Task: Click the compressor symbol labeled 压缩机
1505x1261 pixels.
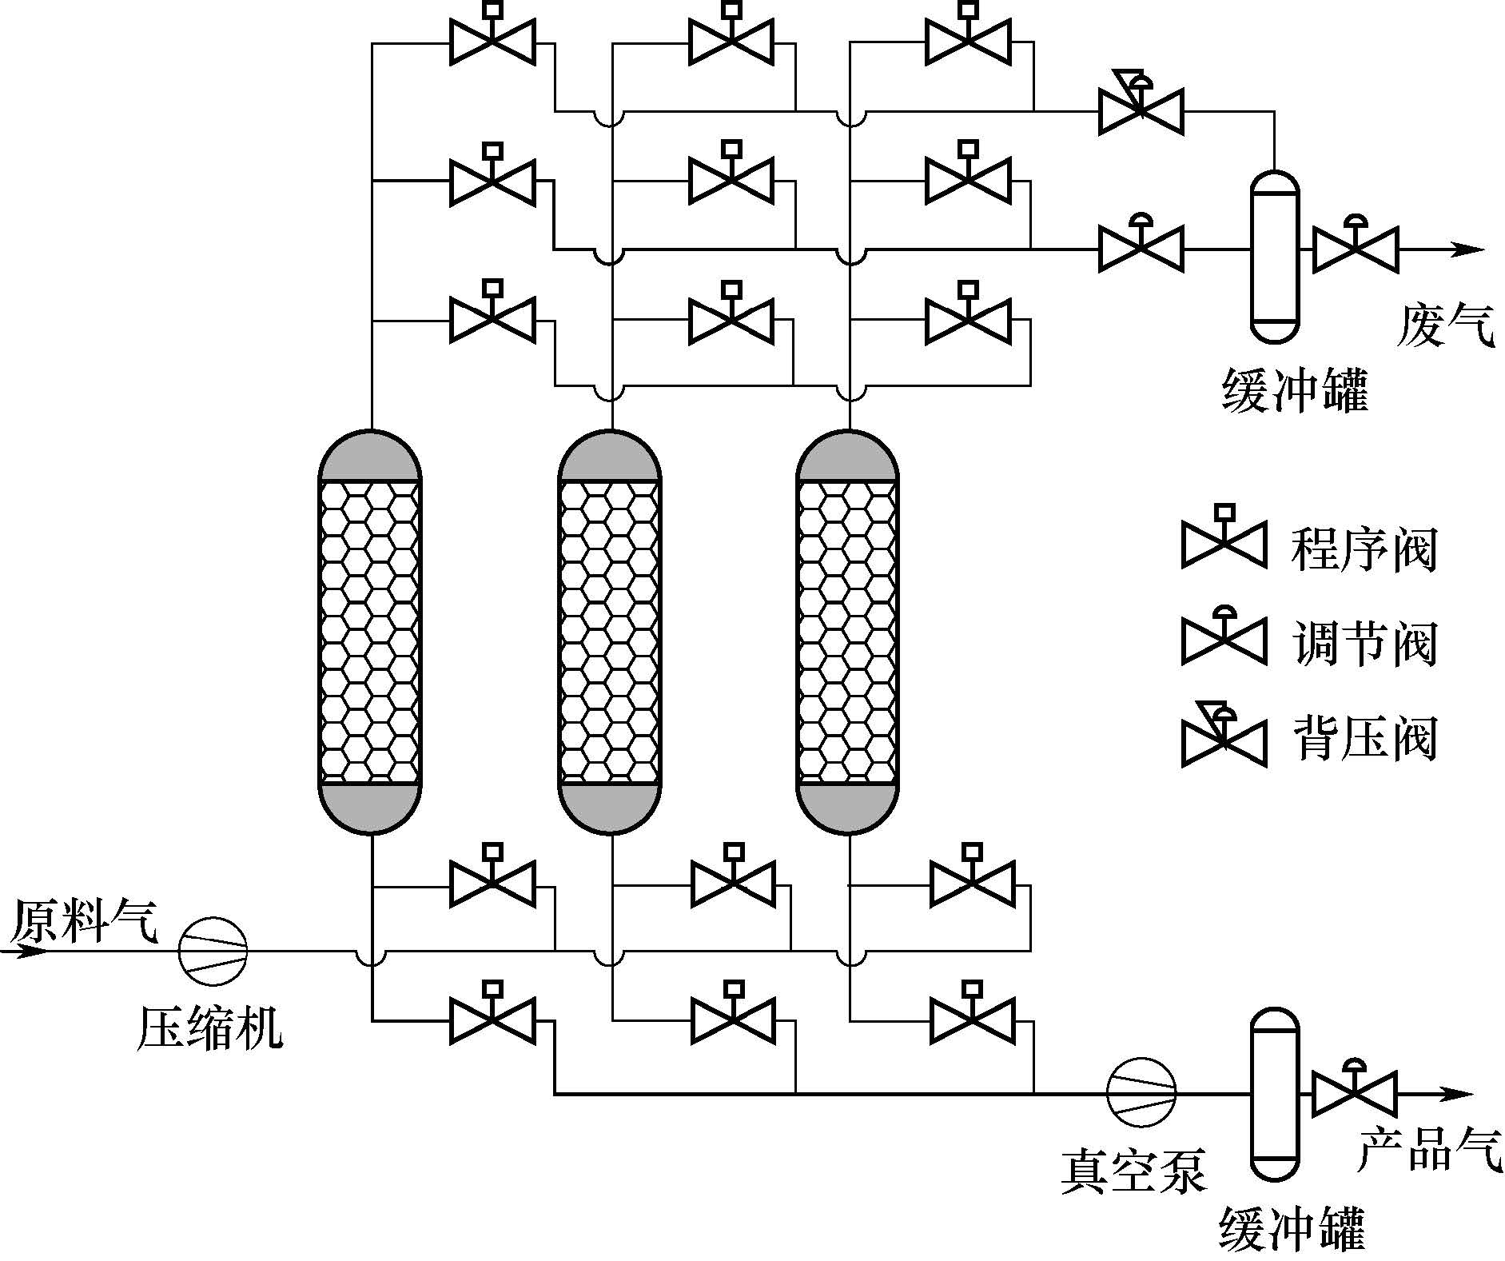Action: [213, 951]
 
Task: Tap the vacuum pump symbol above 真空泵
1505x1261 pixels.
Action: [1141, 1092]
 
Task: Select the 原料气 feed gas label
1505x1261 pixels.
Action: [84, 921]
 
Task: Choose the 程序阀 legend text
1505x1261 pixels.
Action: [1364, 549]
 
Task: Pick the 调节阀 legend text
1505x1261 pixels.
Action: [1364, 644]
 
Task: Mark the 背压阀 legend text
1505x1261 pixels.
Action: [1364, 738]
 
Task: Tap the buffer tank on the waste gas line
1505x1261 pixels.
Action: [1275, 256]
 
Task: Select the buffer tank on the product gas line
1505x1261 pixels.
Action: [1275, 1092]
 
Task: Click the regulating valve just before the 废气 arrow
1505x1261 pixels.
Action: [1356, 246]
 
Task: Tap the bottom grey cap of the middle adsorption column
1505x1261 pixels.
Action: [610, 808]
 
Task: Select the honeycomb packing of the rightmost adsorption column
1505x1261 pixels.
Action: [849, 632]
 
